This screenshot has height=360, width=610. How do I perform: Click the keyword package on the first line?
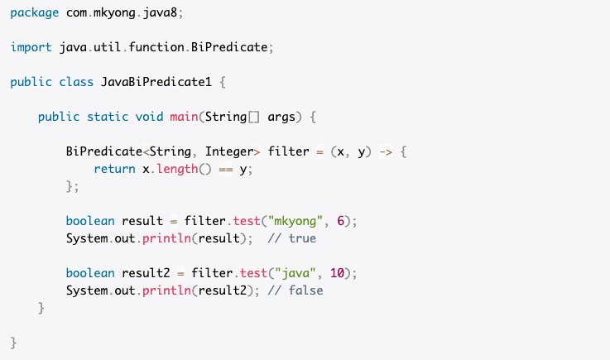(x=34, y=13)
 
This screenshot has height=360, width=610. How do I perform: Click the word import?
(x=31, y=47)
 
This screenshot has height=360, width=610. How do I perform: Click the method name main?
(x=183, y=117)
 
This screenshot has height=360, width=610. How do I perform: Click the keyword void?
(x=149, y=117)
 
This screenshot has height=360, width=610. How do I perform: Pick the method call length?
(x=175, y=169)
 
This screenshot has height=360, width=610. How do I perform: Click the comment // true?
(x=292, y=238)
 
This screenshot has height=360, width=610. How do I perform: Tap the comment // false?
(x=295, y=290)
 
